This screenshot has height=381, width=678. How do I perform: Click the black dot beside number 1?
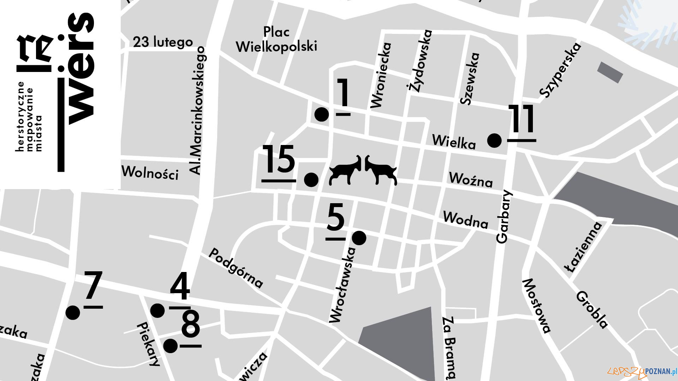tap(321, 114)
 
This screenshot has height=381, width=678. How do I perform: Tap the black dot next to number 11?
tap(494, 140)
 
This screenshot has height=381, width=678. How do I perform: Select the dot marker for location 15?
tap(311, 180)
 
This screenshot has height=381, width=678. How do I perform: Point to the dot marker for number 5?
tap(359, 238)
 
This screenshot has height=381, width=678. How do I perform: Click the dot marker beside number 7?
tap(73, 313)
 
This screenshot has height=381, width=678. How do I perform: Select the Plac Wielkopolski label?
tap(276, 39)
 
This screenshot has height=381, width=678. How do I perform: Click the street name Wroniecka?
tap(381, 75)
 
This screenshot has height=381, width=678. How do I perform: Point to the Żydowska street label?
tap(420, 61)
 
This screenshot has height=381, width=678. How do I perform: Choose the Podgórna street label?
tap(236, 268)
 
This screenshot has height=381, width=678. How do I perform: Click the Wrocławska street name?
tap(342, 285)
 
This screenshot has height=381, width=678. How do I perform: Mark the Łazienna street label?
tap(584, 247)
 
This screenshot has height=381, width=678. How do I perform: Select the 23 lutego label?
tap(163, 42)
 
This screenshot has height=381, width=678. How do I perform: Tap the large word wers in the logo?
tap(81, 69)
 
